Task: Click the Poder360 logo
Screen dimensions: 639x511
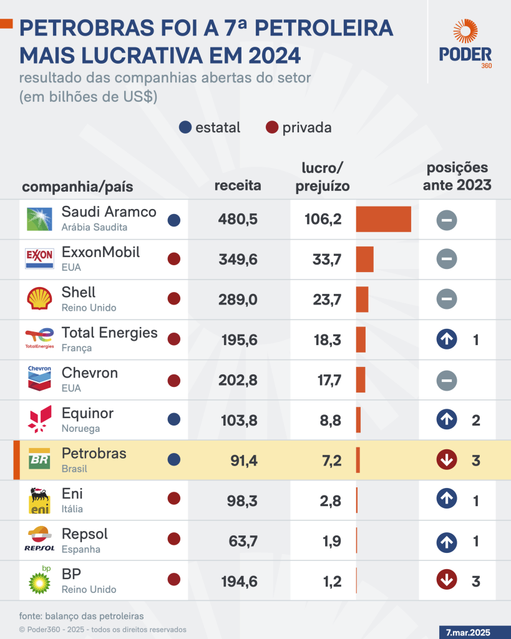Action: point(465,44)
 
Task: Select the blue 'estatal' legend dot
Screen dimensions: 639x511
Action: point(185,128)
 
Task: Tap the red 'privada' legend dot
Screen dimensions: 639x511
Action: point(271,128)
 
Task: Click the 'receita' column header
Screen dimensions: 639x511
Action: point(238,186)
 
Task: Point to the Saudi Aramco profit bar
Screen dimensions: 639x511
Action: point(383,219)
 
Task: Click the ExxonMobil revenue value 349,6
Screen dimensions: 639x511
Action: point(238,260)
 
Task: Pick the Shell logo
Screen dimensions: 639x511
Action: point(40,299)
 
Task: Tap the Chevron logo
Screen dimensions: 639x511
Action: point(40,379)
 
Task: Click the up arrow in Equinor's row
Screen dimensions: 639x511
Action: point(447,420)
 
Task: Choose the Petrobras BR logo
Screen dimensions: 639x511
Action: point(40,460)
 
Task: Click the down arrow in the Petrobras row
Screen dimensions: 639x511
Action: point(447,461)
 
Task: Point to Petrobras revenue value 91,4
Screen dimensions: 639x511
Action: point(244,461)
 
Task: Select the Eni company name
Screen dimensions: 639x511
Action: point(72,494)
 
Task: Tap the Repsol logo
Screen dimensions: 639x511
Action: point(40,540)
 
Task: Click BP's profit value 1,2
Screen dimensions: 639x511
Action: point(332,582)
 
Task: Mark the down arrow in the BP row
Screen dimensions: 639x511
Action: point(447,581)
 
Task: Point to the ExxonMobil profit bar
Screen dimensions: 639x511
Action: point(364,259)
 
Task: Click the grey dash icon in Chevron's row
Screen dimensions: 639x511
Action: point(447,380)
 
